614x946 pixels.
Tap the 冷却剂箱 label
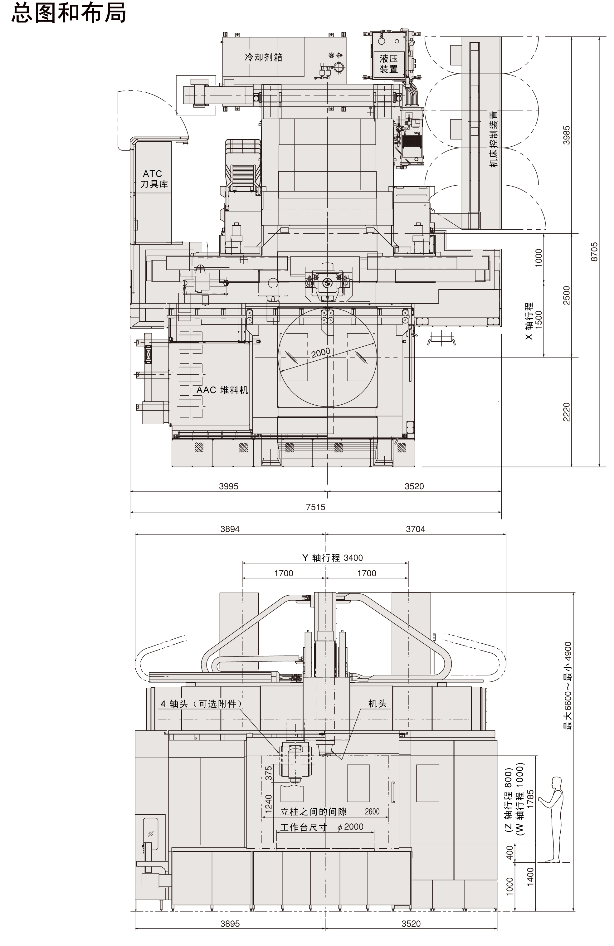click(264, 57)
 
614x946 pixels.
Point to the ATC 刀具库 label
click(154, 179)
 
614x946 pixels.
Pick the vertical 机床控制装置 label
click(494, 139)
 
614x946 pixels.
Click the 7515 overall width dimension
click(315, 507)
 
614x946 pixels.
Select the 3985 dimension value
click(566, 135)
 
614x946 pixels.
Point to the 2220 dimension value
click(566, 412)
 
